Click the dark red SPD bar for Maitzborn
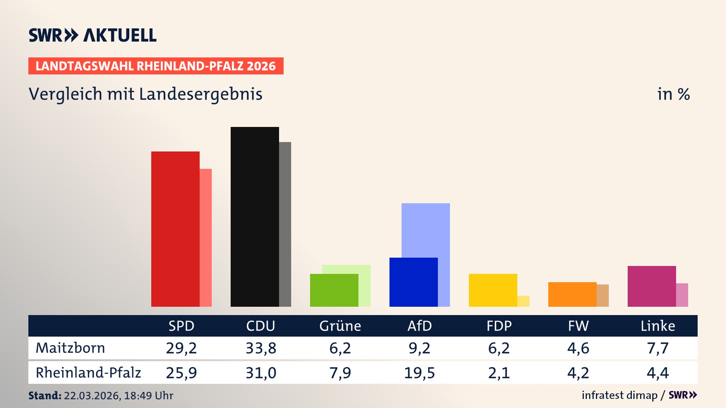175,229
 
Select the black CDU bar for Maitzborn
254,216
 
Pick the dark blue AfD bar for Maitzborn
413,282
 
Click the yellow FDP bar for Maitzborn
493,290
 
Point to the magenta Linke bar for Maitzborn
652,286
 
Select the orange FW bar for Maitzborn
572,294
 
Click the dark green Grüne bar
334,290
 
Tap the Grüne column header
340,326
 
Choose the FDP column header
499,326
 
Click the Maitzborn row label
70,348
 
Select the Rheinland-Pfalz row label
88,372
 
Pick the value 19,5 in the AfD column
419,373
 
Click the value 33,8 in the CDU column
261,348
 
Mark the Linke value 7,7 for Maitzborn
658,348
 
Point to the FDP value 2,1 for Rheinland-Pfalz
499,373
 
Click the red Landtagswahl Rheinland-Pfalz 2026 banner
156,66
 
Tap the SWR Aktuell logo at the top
93,35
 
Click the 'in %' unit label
673,94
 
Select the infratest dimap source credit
619,395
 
